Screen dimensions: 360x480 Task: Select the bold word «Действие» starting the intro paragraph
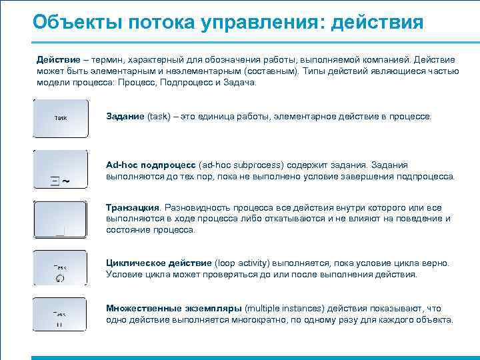point(58,59)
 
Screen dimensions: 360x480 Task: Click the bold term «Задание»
point(125,117)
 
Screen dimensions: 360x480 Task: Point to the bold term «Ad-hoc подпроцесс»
point(151,165)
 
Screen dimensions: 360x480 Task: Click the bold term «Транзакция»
point(133,207)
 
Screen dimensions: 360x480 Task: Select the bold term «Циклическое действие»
point(159,263)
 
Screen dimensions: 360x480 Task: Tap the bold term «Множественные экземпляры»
point(174,309)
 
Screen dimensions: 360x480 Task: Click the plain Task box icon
point(61,119)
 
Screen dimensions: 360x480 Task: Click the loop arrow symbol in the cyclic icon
point(61,279)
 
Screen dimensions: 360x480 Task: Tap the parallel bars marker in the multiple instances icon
point(60,325)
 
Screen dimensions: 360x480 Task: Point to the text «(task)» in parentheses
point(159,117)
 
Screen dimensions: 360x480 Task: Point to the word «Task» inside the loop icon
point(60,267)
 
